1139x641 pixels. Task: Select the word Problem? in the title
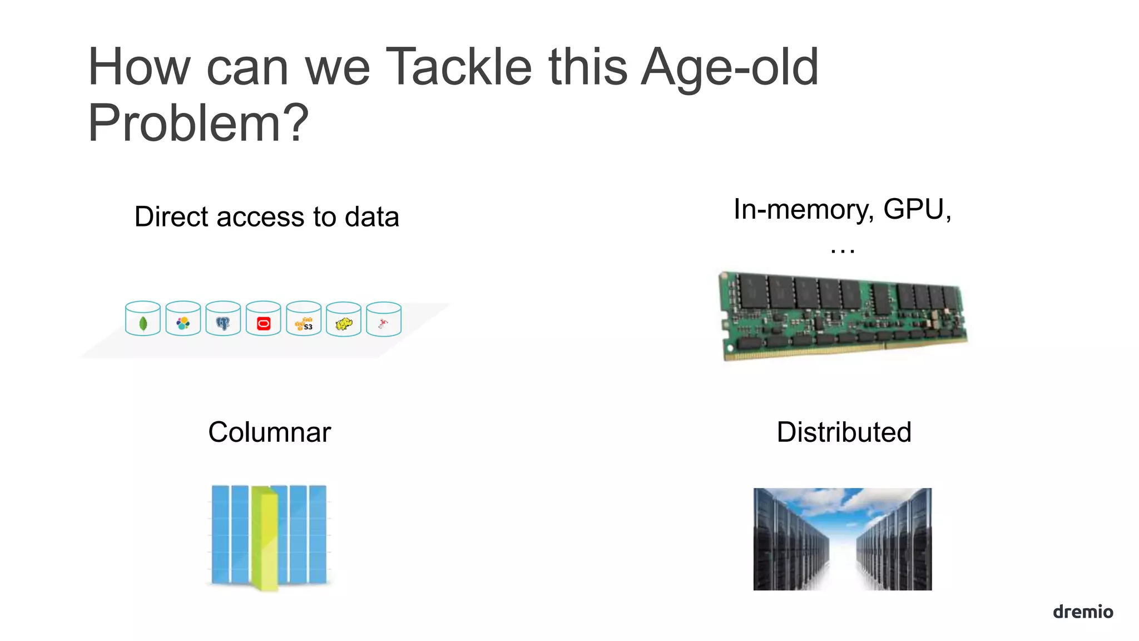198,123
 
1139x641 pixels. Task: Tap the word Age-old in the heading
730,68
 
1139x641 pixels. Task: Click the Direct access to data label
266,216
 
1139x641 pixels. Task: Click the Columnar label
269,432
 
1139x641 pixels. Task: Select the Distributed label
844,432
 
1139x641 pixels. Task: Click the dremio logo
1082,612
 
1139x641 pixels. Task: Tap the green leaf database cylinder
143,319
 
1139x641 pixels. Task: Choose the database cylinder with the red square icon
264,319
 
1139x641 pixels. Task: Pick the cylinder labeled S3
304,319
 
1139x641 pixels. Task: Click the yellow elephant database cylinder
344,319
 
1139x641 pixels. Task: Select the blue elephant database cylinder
223,319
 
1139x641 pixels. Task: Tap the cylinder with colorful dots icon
183,319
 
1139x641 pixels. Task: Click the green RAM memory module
843,314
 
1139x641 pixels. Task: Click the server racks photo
842,539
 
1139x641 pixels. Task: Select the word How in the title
139,68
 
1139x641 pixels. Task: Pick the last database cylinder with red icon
384,319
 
